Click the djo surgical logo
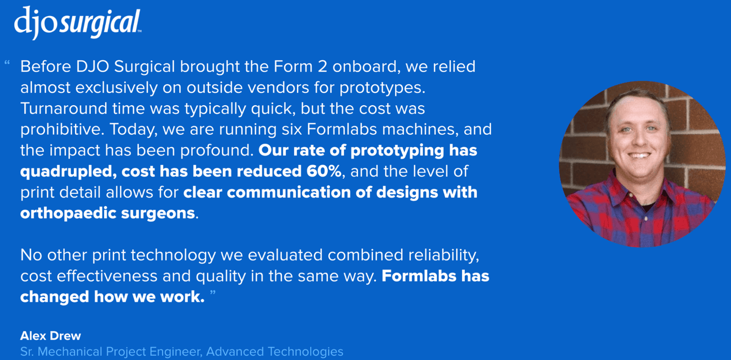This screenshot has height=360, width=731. (x=78, y=23)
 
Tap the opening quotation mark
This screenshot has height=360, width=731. (x=7, y=63)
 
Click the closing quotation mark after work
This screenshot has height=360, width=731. (x=213, y=293)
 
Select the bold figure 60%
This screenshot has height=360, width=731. (x=324, y=171)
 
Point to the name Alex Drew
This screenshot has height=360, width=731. (x=51, y=336)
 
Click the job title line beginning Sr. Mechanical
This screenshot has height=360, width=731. (x=182, y=352)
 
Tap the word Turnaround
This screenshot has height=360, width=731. (x=64, y=108)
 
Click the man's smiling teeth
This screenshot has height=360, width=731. (x=639, y=155)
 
